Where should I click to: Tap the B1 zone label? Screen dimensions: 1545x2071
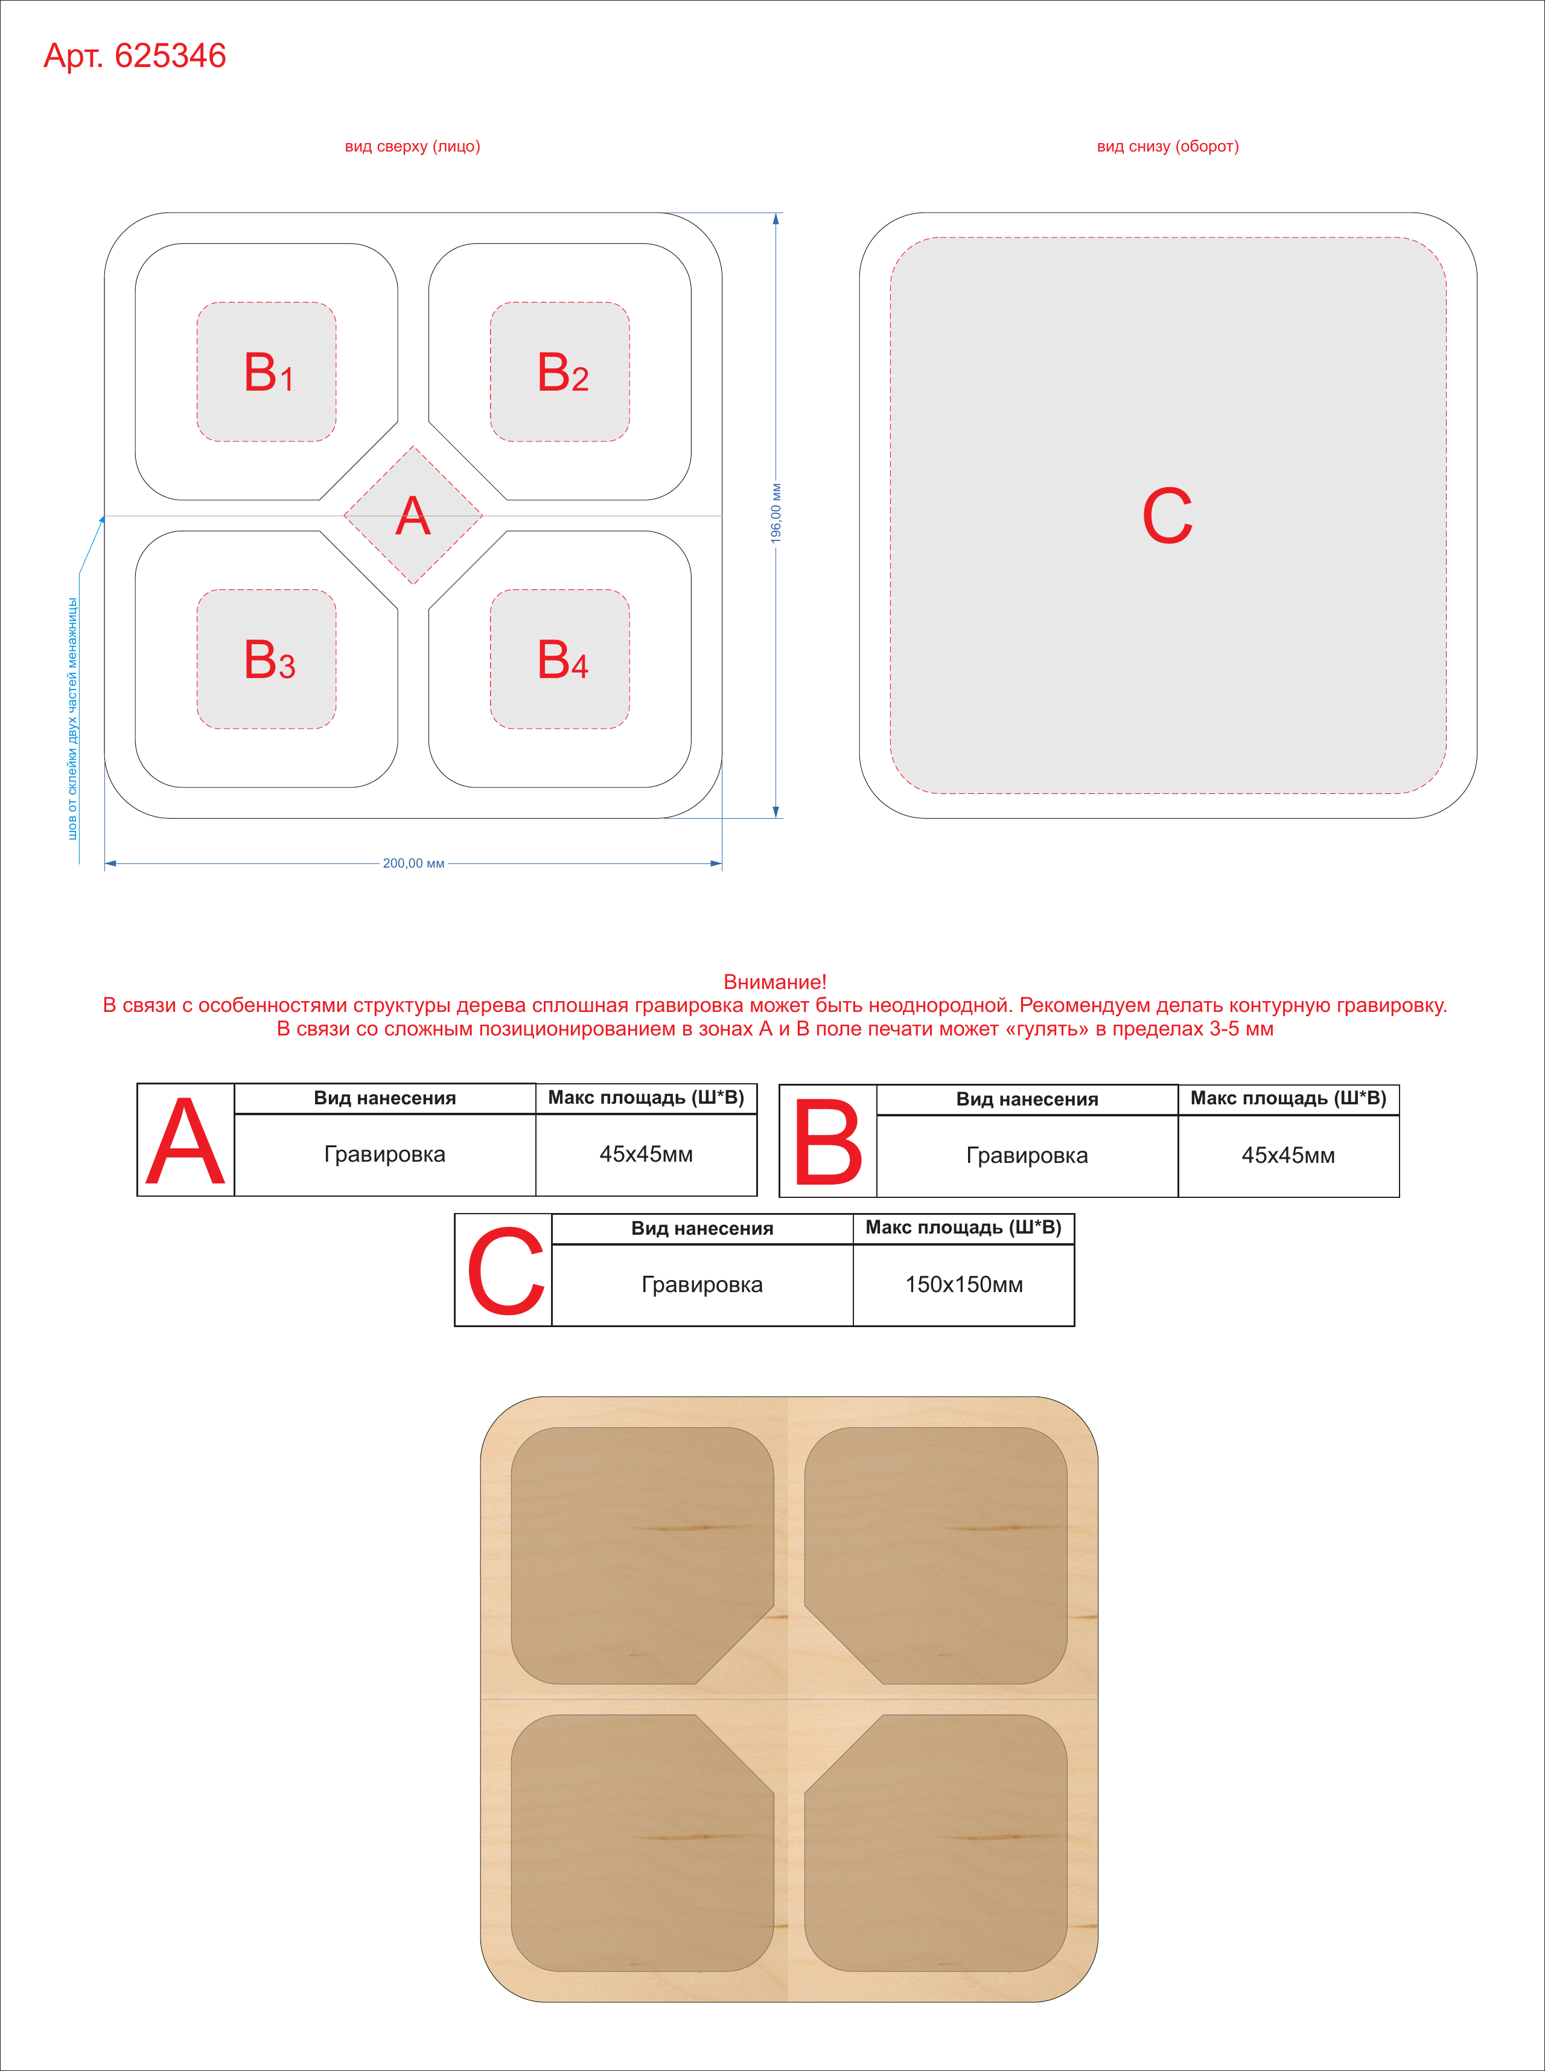pyautogui.click(x=269, y=373)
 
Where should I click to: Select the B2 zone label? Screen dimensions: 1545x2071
pyautogui.click(x=562, y=373)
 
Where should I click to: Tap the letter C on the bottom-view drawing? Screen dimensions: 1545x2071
pyautogui.click(x=1167, y=516)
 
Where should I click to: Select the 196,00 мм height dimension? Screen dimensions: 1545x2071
pyautogui.click(x=776, y=514)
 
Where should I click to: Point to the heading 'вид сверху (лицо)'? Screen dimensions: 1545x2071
pyautogui.click(x=412, y=146)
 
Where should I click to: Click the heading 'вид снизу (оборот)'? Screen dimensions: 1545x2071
pyautogui.click(x=1167, y=146)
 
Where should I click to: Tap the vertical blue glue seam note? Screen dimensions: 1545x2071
pyautogui.click(x=72, y=719)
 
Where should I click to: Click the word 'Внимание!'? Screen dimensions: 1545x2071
pyautogui.click(x=776, y=982)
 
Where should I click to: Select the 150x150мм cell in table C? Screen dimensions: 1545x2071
pyautogui.click(x=963, y=1284)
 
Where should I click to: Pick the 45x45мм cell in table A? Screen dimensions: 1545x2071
pyautogui.click(x=646, y=1154)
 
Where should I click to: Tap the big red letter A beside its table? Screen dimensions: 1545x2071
pyautogui.click(x=186, y=1141)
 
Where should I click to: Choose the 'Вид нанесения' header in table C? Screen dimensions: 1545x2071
pyautogui.click(x=702, y=1228)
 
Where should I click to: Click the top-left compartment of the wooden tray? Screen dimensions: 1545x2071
pyautogui.click(x=643, y=1555)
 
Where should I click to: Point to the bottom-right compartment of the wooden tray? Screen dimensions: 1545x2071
pyautogui.click(x=936, y=1843)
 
